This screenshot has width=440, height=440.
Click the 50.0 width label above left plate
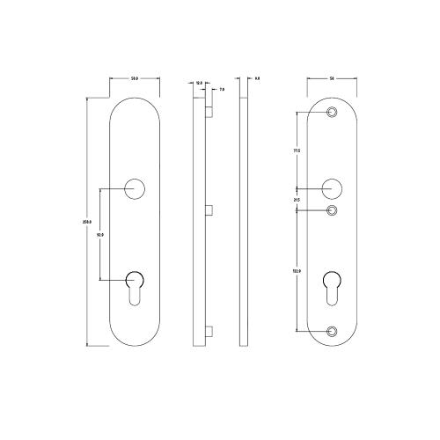(136, 79)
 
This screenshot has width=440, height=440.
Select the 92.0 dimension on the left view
(100, 235)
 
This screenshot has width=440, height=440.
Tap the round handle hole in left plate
(136, 187)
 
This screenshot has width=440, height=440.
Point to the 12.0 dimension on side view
(199, 83)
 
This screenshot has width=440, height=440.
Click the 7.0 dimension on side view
(221, 90)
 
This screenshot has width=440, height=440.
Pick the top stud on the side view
(209, 113)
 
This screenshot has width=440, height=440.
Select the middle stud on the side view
(209, 209)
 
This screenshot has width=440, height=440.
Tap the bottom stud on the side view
(209, 333)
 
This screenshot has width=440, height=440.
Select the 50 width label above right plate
(332, 79)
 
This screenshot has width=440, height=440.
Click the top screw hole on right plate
(332, 113)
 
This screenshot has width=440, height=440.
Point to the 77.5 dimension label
(297, 151)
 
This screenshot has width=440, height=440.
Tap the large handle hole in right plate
(332, 188)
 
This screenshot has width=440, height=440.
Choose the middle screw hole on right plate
(332, 210)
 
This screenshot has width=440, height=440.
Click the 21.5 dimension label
(297, 201)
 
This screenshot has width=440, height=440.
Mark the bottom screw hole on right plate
(332, 331)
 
